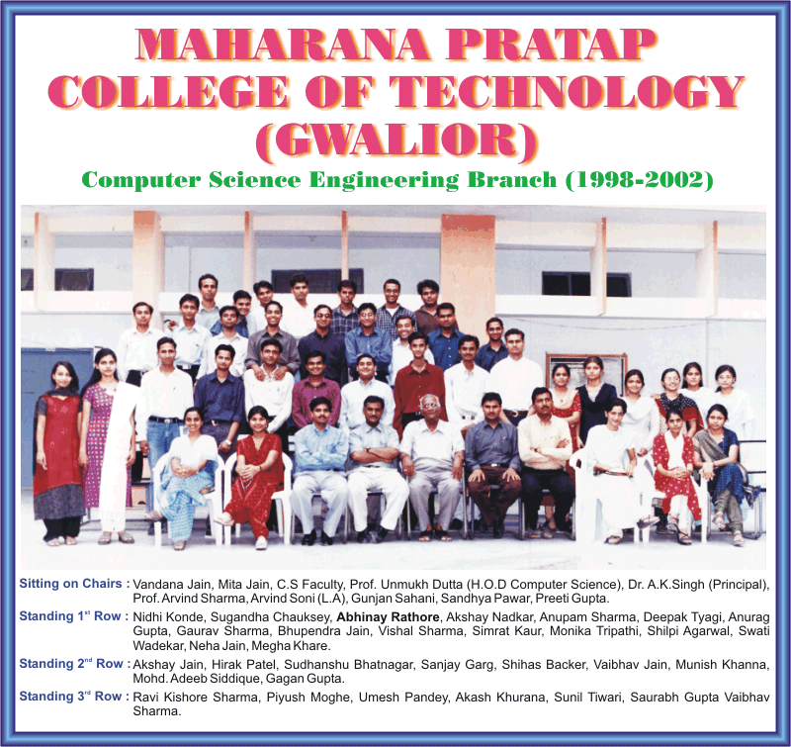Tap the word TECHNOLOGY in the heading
tap(567, 92)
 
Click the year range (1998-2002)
tap(639, 180)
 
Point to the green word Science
tap(255, 180)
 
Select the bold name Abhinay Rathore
tap(388, 616)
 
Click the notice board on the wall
tap(586, 371)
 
